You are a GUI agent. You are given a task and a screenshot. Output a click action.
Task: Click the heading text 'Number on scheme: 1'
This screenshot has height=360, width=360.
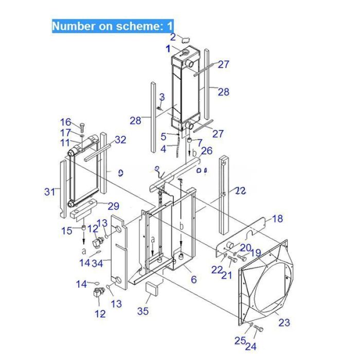[113, 26]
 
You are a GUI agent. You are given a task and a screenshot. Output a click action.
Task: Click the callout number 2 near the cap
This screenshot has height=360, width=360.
[173, 37]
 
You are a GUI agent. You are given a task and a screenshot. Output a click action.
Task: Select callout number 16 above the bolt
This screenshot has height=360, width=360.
[66, 122]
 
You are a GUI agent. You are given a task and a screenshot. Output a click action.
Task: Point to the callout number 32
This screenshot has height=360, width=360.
[120, 139]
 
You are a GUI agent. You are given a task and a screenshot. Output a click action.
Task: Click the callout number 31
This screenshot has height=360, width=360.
[49, 192]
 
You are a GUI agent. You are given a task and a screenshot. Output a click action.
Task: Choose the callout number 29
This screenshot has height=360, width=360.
[113, 206]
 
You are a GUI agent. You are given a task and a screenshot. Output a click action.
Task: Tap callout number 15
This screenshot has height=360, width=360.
[67, 230]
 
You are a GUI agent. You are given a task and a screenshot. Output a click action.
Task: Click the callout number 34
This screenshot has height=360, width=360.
[97, 263]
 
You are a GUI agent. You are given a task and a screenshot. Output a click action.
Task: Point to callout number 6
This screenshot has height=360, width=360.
[193, 279]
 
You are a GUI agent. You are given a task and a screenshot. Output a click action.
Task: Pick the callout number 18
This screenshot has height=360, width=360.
[277, 219]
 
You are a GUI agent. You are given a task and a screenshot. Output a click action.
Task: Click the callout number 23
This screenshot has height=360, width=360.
[284, 322]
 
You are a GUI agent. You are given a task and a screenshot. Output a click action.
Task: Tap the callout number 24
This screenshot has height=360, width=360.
[250, 347]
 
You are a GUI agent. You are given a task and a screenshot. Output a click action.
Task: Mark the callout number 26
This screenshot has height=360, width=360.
[206, 151]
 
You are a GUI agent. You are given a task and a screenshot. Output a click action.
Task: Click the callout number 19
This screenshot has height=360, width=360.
[256, 253]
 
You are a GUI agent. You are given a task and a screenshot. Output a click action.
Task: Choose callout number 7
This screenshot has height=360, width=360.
[200, 142]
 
